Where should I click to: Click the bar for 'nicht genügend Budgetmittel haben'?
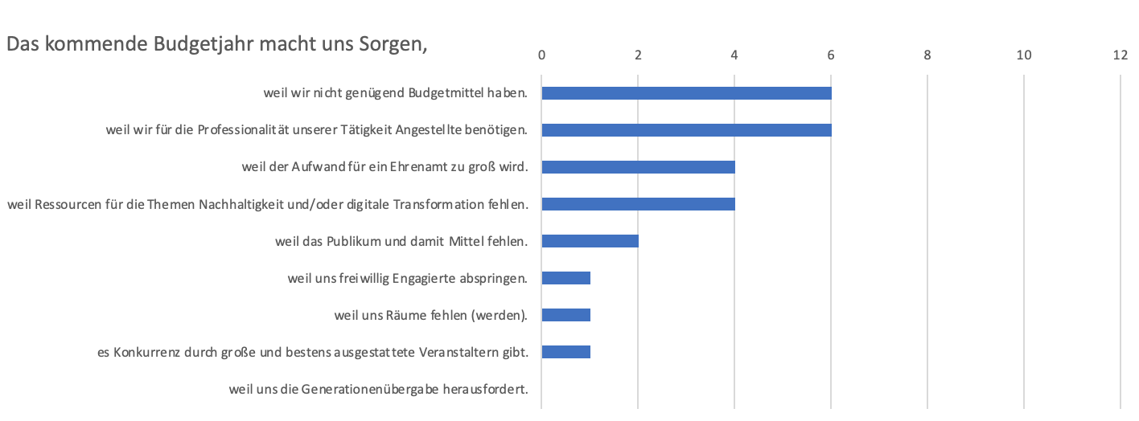(686, 93)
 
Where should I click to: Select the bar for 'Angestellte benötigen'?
(686, 130)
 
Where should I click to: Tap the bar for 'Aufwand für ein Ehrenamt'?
(638, 167)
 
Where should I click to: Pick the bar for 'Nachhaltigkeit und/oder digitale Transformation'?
(638, 204)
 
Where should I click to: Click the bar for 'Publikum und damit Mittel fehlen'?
(590, 241)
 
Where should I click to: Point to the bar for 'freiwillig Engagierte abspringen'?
(565, 278)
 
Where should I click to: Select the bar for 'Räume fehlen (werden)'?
(565, 315)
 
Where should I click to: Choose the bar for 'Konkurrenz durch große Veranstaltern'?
(565, 352)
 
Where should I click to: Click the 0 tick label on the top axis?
(541, 55)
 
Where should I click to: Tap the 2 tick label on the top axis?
(638, 55)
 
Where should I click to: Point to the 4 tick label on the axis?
(734, 55)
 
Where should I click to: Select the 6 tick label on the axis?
(831, 55)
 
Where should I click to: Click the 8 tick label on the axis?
(927, 55)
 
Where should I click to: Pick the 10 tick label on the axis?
(1023, 55)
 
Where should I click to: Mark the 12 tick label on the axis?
(1120, 55)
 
